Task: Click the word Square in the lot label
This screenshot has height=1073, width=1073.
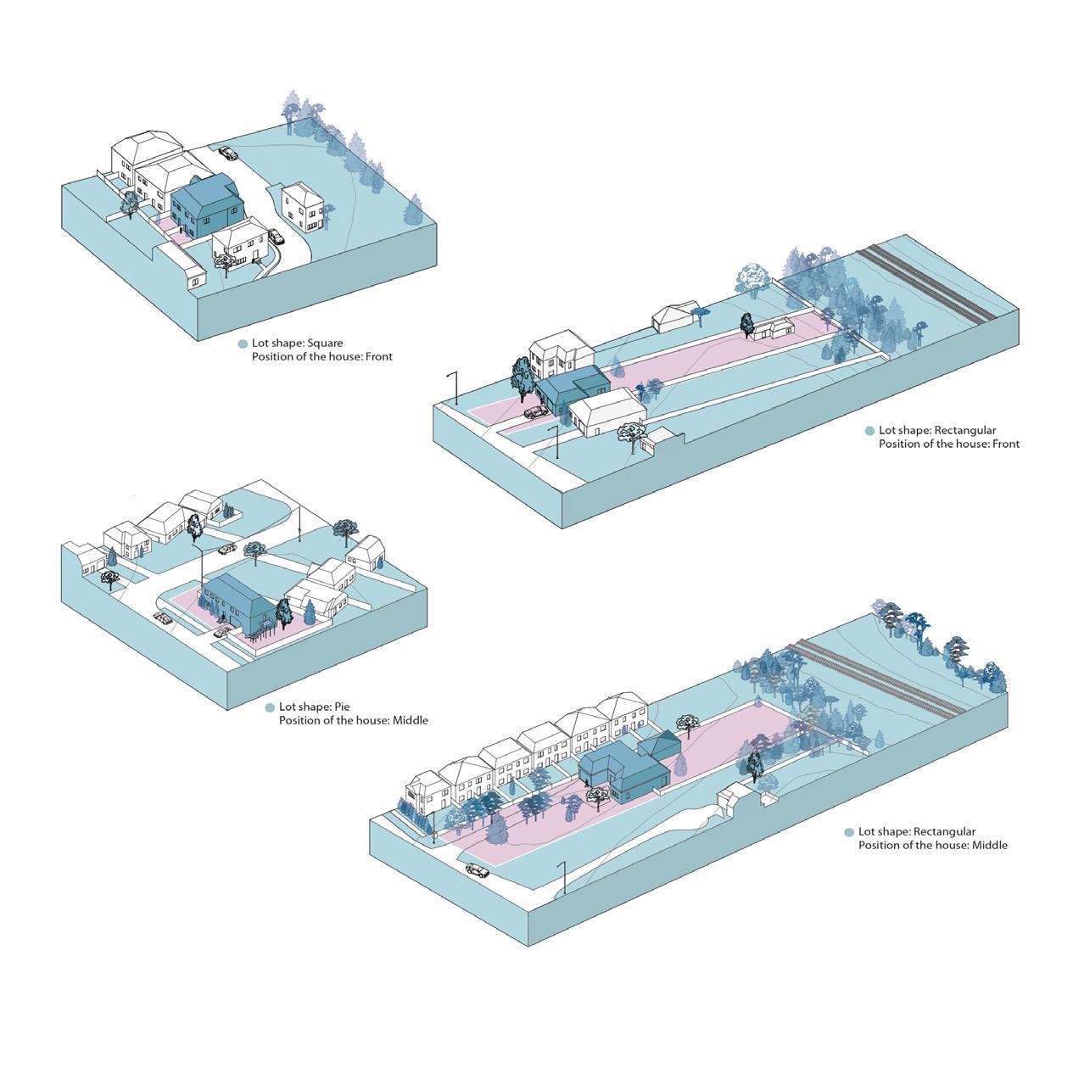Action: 325,344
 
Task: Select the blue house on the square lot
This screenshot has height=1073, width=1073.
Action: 207,204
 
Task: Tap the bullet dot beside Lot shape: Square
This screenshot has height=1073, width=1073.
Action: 243,344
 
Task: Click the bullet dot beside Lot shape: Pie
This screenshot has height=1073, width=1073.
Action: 271,707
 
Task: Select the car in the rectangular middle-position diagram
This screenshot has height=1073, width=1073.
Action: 478,870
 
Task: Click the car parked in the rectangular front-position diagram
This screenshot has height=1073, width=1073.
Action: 536,412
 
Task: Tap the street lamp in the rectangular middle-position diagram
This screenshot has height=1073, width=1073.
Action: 562,878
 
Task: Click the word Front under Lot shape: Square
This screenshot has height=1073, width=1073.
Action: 378,357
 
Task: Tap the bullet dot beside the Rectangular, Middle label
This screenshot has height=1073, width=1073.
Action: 849,833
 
